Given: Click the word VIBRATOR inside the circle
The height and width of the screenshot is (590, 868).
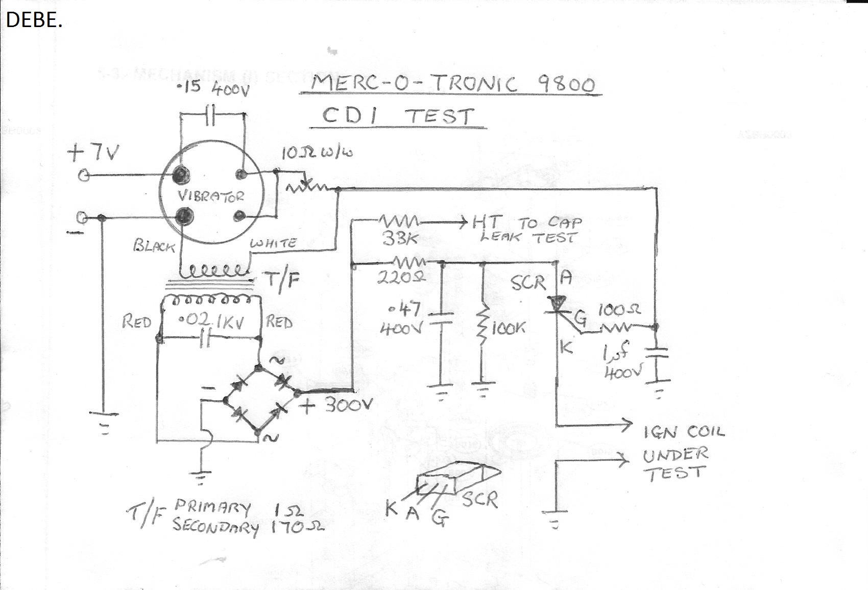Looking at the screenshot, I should (x=210, y=196).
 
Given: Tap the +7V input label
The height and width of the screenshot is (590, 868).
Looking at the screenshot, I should (x=94, y=152).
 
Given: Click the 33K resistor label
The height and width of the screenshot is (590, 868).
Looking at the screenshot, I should (x=397, y=238).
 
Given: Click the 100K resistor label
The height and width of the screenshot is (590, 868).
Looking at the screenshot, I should (x=508, y=328).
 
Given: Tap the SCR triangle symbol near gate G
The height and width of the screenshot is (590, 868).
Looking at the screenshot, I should (x=557, y=304).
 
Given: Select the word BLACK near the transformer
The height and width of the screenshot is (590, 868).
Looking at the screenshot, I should (x=154, y=246).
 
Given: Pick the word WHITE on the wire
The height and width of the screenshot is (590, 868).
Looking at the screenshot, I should (x=273, y=243).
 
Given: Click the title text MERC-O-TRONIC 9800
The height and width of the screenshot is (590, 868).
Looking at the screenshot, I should (x=452, y=83).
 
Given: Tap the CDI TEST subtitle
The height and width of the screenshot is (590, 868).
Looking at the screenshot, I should (x=398, y=116).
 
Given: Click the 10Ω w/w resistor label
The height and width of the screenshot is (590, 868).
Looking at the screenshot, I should (x=317, y=152).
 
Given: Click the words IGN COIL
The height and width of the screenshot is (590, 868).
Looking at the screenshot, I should (x=683, y=433).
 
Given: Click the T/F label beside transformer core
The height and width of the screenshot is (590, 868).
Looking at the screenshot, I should (x=281, y=281).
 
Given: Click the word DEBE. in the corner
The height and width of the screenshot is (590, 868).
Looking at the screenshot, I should (x=34, y=19).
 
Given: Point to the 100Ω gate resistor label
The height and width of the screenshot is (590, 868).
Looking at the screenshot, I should (x=618, y=310).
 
